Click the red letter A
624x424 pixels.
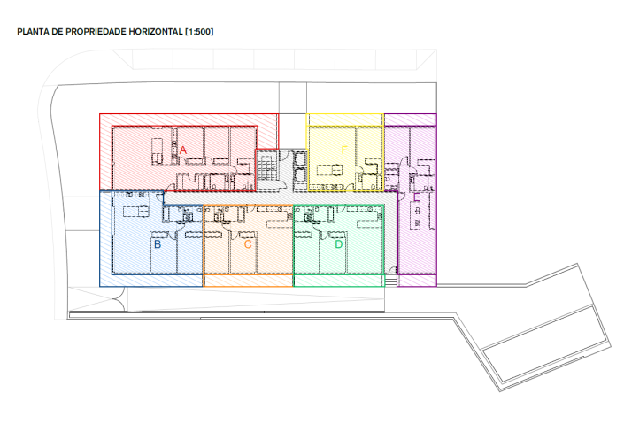tap(183, 151)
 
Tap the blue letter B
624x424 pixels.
tap(158, 243)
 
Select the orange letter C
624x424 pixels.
tap(248, 243)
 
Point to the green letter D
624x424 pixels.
tap(338, 243)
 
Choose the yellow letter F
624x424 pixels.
tap(344, 150)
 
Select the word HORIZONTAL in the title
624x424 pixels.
tap(155, 32)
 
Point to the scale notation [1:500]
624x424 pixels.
tap(198, 32)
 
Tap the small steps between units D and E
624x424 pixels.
tap(391, 281)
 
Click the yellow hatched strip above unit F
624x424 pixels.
tap(344, 119)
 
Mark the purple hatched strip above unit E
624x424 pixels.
tap(410, 119)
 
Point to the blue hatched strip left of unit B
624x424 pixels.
tap(105, 239)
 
